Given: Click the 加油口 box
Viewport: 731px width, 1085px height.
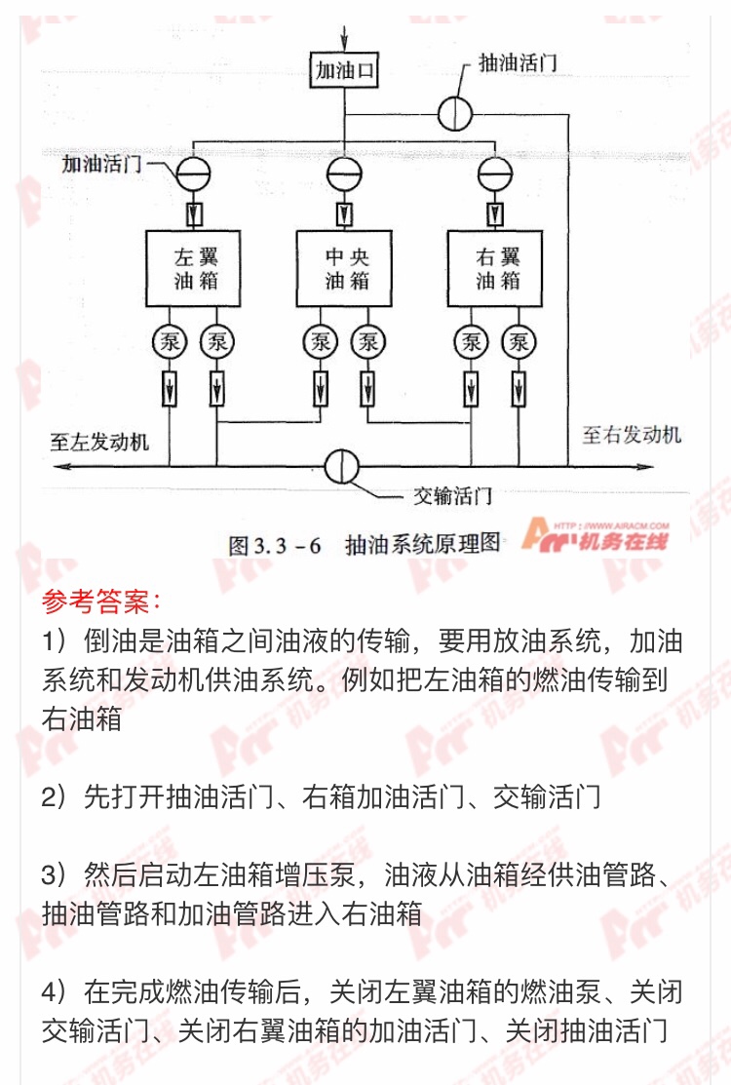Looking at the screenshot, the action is [344, 70].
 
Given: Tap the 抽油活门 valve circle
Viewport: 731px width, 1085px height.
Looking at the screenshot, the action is [455, 113].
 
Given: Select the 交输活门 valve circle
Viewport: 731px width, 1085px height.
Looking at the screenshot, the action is [342, 466].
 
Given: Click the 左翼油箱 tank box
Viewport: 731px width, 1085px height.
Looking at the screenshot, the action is [193, 268].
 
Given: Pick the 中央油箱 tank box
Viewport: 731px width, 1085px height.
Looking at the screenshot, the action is [344, 268].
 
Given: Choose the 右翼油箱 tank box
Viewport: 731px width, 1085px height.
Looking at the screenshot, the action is [495, 268].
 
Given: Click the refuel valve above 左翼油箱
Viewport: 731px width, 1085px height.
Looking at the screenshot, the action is [193, 173].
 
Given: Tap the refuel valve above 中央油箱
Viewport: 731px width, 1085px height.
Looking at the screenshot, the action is [344, 173].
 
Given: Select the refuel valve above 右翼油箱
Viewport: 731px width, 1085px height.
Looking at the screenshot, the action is [495, 173].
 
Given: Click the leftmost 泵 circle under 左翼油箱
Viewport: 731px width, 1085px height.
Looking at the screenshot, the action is [170, 342].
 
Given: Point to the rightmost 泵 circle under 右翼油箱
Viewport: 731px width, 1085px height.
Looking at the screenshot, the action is [519, 342].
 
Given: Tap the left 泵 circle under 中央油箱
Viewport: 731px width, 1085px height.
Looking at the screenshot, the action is [321, 342].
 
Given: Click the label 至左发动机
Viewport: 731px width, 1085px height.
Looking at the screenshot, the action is [98, 442].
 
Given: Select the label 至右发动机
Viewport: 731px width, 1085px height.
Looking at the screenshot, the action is [632, 435].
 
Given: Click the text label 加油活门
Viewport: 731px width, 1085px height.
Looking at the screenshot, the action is [101, 164].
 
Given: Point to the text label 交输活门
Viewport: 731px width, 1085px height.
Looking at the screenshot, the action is [453, 495].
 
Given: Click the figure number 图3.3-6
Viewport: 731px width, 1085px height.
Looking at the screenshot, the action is [275, 545].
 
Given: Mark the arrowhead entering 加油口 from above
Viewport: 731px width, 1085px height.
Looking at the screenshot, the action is [344, 44].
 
